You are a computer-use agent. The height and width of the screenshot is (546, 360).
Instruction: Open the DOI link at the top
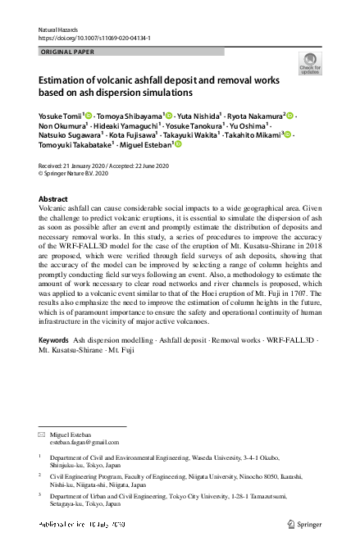coord(94,38)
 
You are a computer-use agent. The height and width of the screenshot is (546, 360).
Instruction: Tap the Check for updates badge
coord(309,64)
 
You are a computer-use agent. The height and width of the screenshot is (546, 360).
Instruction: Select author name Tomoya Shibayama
coord(132,116)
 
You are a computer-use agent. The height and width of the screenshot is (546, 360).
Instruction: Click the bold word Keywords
coord(53,339)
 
